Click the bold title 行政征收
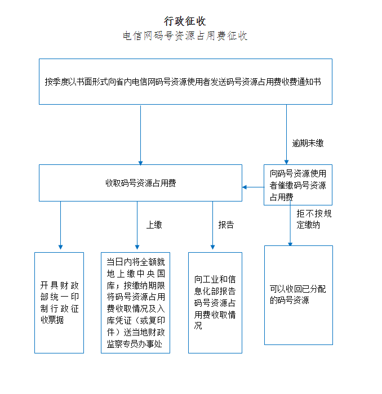185,21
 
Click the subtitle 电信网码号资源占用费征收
185,36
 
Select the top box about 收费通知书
185,82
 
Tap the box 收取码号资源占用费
140,183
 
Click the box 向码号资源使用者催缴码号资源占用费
297,185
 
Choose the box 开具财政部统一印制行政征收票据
59,302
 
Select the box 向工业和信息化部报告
215,302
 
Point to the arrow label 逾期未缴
308,143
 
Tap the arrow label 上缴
154,225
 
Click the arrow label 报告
226,225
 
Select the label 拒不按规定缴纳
314,219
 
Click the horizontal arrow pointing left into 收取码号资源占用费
253,187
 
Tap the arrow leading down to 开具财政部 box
60,225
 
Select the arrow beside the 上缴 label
137,225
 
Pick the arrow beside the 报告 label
212,225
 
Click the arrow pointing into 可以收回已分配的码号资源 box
290,225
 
